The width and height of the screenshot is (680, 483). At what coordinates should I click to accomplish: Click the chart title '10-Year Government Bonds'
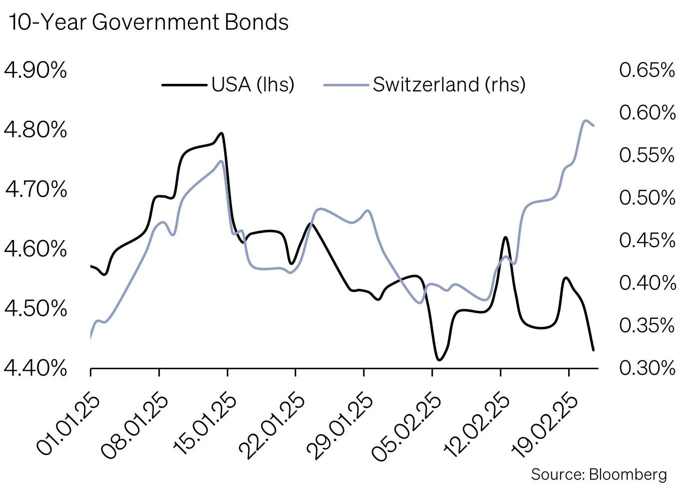149,22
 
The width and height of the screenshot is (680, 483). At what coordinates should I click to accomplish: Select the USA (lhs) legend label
253,84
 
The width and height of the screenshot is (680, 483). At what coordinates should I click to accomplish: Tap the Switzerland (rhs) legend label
449,84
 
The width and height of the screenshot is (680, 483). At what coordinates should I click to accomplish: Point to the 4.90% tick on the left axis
35,70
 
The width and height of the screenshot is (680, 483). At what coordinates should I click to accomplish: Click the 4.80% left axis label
35,130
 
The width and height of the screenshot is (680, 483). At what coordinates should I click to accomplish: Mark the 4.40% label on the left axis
35,368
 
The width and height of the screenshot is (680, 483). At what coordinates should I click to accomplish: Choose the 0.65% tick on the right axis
647,70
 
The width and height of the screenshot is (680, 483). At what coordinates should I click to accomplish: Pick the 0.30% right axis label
647,368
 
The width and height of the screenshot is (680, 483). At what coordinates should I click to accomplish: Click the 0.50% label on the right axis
647,198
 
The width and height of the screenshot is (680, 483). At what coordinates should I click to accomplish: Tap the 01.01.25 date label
69,425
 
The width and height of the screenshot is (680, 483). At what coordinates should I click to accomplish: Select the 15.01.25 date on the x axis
206,425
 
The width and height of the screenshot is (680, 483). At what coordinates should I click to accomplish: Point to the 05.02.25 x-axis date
410,425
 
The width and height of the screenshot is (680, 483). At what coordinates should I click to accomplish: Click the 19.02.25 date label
547,425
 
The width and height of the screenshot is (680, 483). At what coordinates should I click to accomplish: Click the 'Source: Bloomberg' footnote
599,474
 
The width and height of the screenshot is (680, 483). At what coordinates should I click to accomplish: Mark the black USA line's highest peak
221,133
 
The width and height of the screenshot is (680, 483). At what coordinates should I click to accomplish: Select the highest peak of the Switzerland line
586,120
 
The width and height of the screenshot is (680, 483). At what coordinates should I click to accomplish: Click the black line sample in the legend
184,85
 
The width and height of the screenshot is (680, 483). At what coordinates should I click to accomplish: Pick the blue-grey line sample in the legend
346,85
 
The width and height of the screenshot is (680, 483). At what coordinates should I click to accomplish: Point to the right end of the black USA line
593,350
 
